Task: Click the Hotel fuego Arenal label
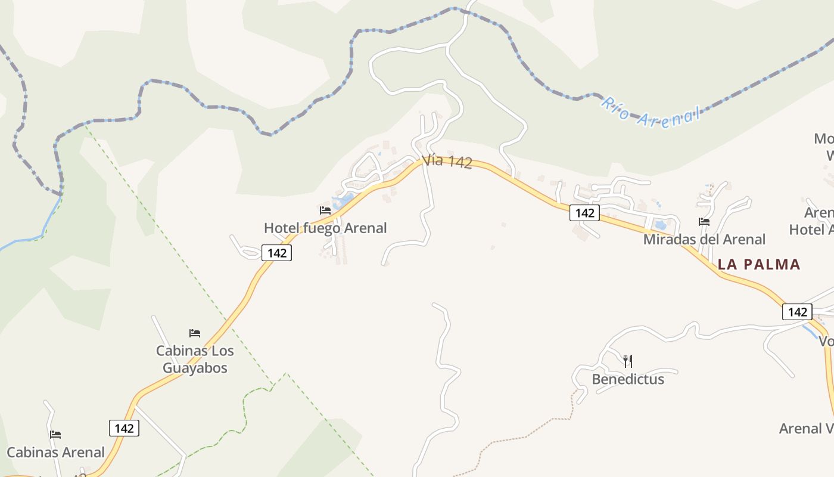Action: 325,228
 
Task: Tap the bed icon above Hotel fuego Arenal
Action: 325,210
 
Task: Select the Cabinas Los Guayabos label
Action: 195,359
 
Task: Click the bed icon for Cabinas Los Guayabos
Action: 195,333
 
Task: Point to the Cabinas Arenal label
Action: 55,453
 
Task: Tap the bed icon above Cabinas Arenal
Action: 55,435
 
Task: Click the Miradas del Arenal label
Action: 704,239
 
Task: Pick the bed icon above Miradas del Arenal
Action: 704,222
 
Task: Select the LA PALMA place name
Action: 759,264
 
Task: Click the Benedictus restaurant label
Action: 627,379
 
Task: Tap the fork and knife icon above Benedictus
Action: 627,361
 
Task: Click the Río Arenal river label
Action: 649,113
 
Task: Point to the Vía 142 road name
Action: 447,162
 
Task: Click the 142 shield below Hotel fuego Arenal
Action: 277,253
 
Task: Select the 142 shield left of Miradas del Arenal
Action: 584,213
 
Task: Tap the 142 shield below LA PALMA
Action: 797,312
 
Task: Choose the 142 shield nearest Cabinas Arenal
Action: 124,428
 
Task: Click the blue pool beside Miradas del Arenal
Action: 660,225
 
